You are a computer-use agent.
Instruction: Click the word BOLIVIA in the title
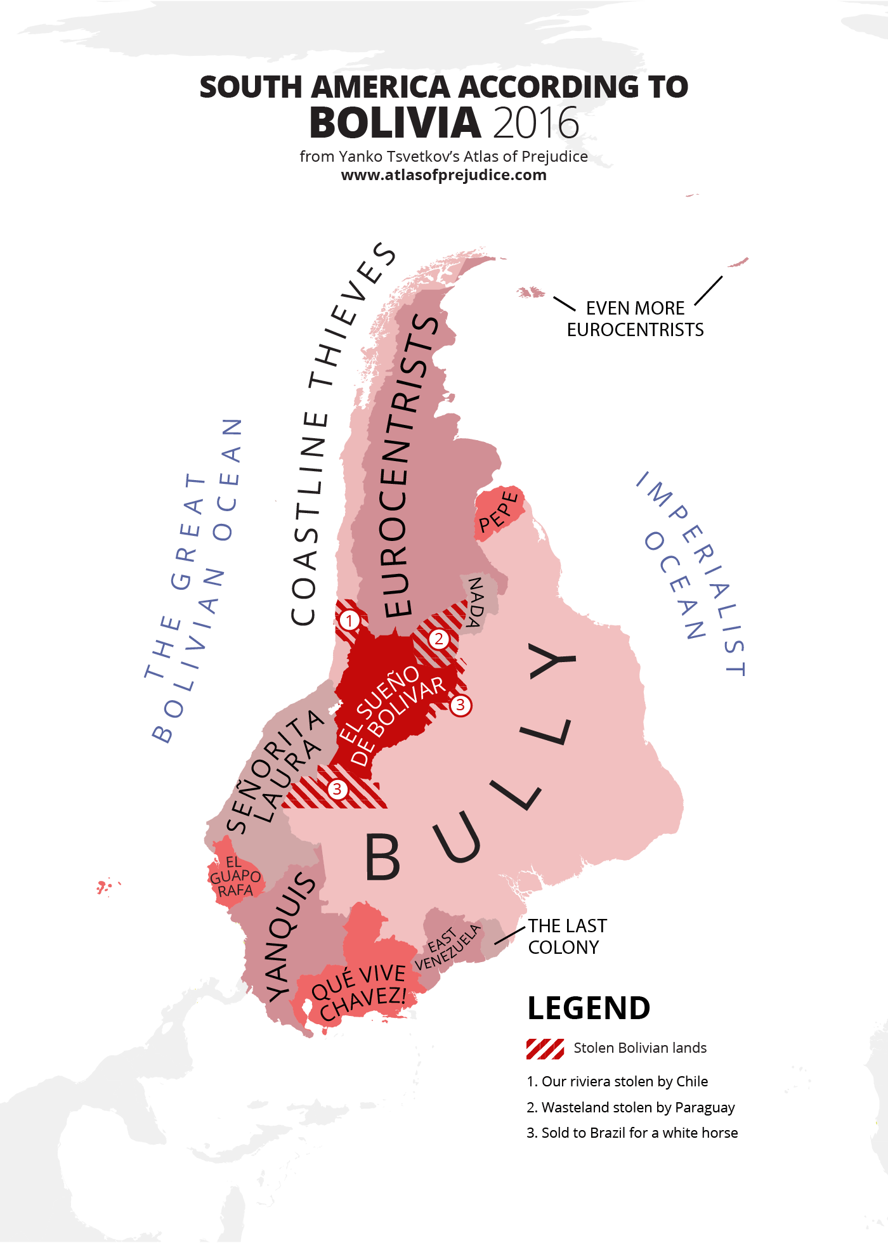tap(395, 123)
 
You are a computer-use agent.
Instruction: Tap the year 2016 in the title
tap(536, 123)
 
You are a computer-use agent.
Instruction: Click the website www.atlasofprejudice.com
tap(443, 175)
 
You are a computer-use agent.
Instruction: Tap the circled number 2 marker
tap(438, 639)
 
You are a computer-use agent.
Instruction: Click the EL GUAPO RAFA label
tap(235, 876)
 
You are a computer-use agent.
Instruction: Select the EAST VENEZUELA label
tap(447, 947)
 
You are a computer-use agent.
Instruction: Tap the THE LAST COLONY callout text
tap(567, 937)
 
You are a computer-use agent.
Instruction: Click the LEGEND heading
tap(589, 1008)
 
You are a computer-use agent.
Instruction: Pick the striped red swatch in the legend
tap(545, 1050)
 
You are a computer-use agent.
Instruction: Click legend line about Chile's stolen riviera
tap(617, 1081)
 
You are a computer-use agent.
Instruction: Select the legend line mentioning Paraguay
tap(630, 1107)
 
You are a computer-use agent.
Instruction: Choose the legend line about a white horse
tap(632, 1133)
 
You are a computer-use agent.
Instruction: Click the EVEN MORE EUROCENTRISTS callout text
tap(635, 319)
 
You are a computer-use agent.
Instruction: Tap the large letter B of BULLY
tap(382, 856)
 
